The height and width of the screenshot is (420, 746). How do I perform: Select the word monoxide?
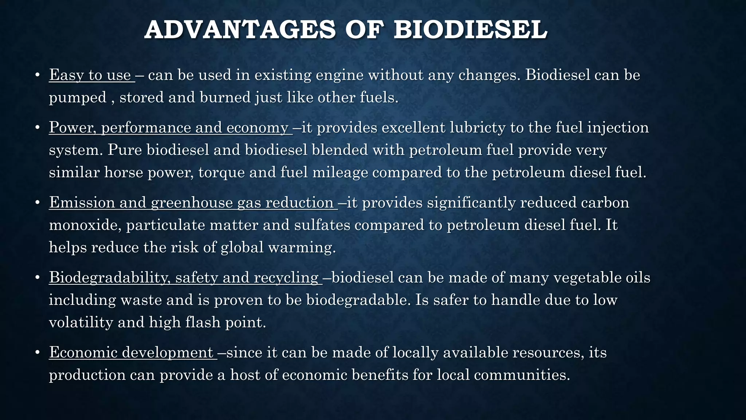[85, 225]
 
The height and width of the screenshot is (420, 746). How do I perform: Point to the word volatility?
[81, 322]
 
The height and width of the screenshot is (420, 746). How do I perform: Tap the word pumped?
[78, 98]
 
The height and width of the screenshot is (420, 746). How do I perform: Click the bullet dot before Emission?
[37, 203]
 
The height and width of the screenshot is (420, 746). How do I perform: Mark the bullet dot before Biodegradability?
[37, 278]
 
